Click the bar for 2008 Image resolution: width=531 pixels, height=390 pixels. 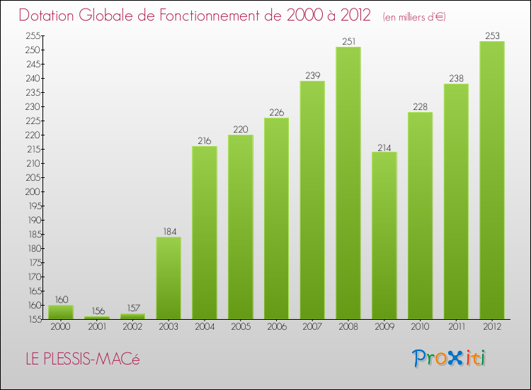click(348, 183)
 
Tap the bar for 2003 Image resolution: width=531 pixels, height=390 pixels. click(169, 278)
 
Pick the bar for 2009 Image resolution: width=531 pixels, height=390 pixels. click(384, 235)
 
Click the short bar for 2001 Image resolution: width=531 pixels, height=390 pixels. click(96, 318)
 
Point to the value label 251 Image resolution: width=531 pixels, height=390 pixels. click(348, 41)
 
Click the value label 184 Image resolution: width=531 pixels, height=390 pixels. click(169, 231)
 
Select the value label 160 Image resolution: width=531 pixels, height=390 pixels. click(61, 299)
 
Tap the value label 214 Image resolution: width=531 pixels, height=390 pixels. click(384, 146)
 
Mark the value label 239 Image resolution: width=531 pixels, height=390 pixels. click(312, 75)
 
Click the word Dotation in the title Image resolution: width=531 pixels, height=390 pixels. click(52, 16)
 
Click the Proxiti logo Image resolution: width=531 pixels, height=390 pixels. click(450, 358)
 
